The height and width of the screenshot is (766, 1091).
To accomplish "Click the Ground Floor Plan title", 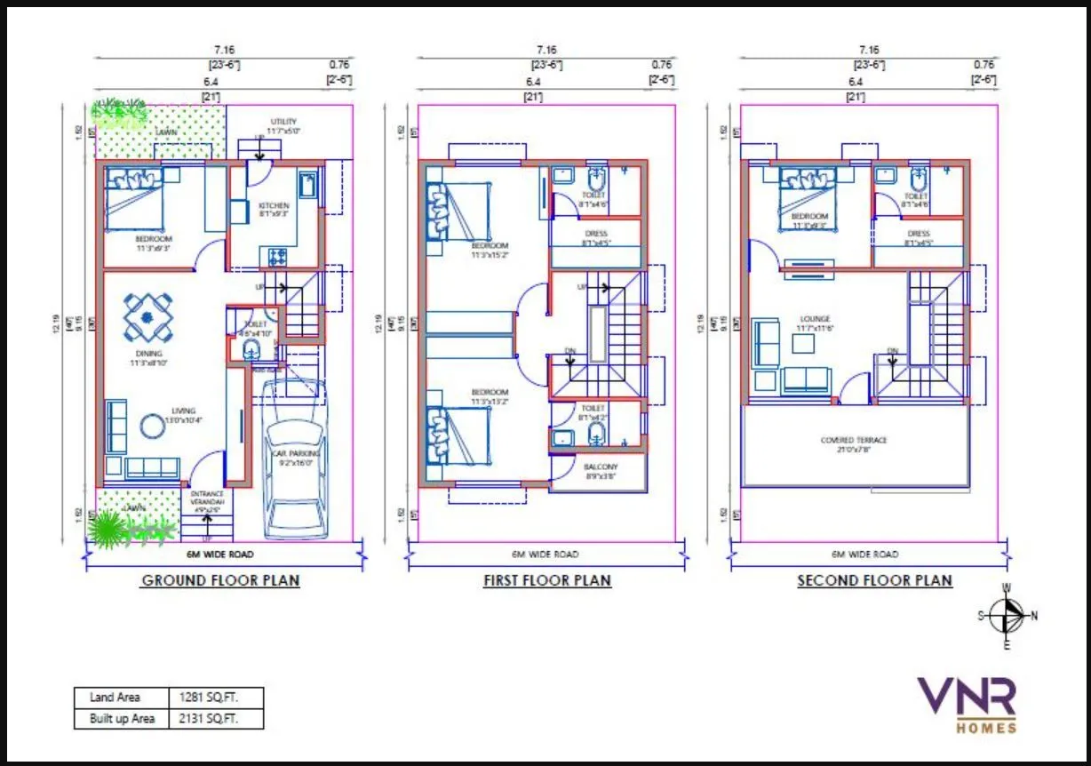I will pos(220,581).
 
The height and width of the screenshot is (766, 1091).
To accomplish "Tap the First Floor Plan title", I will pos(546,581).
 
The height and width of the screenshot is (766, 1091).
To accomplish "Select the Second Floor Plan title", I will pos(874,581).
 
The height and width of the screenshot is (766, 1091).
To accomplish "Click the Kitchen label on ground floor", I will pos(274,206).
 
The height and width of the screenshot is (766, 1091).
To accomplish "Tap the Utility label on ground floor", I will pos(283,122).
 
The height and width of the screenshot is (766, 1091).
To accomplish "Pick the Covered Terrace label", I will pos(854,441).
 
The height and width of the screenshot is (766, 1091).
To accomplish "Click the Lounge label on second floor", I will pos(814,319).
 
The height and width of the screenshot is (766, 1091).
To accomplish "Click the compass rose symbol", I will pos(1006,615).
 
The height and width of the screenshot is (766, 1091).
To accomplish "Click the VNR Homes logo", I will pos(966,705).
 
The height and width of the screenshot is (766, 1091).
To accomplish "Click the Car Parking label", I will pos(297,454).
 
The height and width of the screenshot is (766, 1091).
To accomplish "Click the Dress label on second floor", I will pos(919,234).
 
